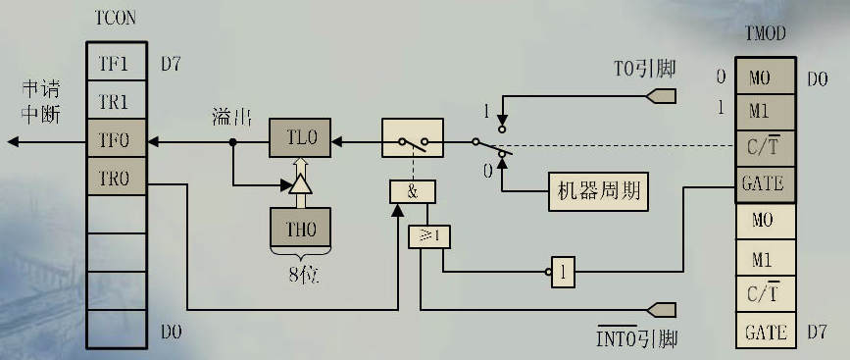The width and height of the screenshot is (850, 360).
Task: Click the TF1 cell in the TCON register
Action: point(116,65)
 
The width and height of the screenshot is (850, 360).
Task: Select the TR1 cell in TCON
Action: point(116,102)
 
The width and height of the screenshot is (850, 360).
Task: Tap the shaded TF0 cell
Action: point(116,139)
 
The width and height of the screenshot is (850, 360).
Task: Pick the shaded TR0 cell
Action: point(116,179)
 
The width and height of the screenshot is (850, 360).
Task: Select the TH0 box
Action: point(300,228)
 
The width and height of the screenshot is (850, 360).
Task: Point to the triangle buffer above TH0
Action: point(300,183)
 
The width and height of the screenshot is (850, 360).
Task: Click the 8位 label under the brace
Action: point(300,275)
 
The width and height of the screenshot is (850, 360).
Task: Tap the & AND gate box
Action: point(412,190)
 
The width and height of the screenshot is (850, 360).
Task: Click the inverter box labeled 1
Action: point(563,272)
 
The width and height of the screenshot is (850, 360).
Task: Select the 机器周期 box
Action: point(597,191)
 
